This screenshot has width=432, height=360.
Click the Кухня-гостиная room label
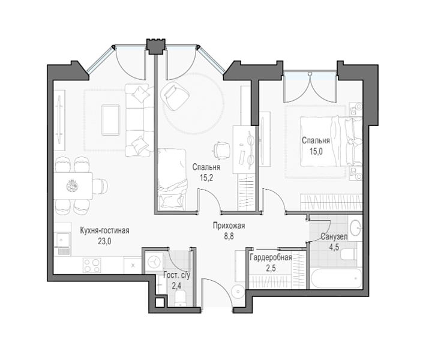(104, 230)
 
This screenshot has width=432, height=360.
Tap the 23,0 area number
(104, 242)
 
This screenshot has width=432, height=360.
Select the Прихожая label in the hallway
(229, 226)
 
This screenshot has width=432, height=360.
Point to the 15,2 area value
(206, 178)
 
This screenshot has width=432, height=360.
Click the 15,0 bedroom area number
(316, 151)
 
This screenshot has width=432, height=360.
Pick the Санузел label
(334, 236)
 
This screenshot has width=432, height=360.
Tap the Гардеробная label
(271, 257)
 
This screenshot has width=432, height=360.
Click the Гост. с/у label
(176, 275)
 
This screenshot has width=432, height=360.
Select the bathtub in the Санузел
(336, 278)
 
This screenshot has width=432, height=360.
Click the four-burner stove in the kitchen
(92, 266)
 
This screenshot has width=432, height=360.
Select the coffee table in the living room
(111, 120)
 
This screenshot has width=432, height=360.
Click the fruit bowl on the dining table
(72, 185)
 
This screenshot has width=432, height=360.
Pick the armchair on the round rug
(175, 96)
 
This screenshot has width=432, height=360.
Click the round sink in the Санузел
(356, 227)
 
